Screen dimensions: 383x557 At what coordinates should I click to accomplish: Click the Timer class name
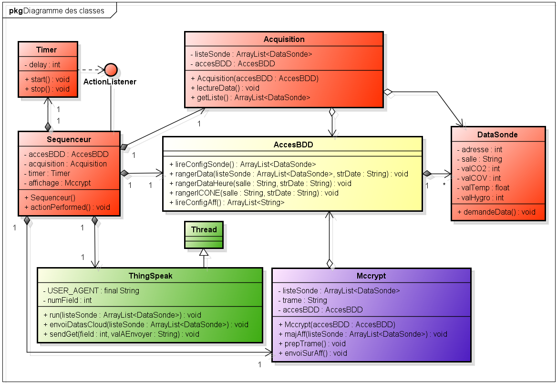(x=46, y=50)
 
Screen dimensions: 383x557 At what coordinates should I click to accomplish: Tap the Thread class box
(x=204, y=236)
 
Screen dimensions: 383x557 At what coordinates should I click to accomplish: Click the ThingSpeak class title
(x=150, y=276)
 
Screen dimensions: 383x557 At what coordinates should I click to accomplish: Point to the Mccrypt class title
(x=371, y=276)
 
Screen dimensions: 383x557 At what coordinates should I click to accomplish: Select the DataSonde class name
(x=497, y=135)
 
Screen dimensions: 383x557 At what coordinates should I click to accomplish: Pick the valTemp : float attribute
(x=479, y=187)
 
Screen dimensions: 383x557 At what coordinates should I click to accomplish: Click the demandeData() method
(x=496, y=212)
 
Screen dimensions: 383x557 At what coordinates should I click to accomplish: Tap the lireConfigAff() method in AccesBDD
(x=227, y=202)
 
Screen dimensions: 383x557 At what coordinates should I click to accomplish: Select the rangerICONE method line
(x=254, y=193)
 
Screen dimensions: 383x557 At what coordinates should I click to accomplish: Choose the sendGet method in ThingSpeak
(x=121, y=334)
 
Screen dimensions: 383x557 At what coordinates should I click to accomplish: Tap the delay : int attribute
(x=42, y=64)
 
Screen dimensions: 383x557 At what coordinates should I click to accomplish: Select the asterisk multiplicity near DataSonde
(x=445, y=184)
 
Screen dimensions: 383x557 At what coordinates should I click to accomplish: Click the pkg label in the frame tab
(x=15, y=10)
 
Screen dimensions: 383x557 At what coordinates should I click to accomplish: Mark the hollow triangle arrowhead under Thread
(x=204, y=252)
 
